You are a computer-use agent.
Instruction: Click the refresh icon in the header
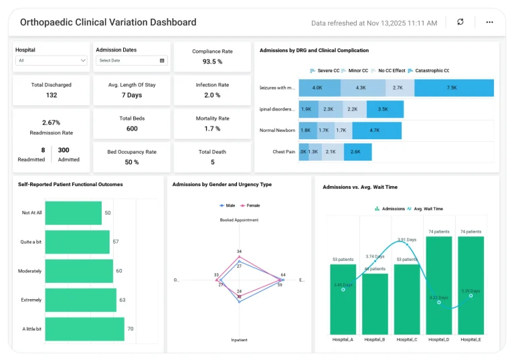pyautogui.click(x=460, y=22)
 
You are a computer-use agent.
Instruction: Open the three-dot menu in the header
pyautogui.click(x=489, y=22)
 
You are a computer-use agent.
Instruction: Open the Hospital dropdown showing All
pyautogui.click(x=52, y=60)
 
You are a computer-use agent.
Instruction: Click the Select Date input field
pyautogui.click(x=131, y=60)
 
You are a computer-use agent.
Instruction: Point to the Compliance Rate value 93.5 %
pyautogui.click(x=211, y=62)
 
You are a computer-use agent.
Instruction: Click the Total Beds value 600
pyautogui.click(x=132, y=128)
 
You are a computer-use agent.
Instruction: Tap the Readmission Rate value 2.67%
pyautogui.click(x=51, y=122)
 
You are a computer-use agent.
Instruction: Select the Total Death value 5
pyautogui.click(x=212, y=162)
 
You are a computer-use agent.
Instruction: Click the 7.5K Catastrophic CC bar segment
pyautogui.click(x=454, y=88)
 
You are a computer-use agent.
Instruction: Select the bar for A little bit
pyautogui.click(x=84, y=329)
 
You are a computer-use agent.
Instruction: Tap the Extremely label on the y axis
pyautogui.click(x=31, y=300)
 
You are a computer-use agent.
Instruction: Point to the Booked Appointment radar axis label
pyautogui.click(x=239, y=219)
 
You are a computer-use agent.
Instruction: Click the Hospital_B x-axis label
pyautogui.click(x=374, y=340)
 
